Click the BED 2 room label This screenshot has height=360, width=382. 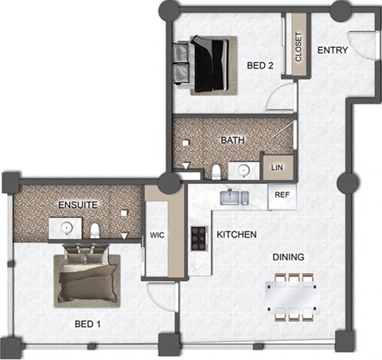click(260, 66)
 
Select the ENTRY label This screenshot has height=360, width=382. click(333, 50)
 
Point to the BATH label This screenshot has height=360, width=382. click(232, 140)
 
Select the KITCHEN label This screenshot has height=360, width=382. click(236, 235)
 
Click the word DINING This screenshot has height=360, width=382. click(289, 256)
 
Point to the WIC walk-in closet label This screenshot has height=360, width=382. click(157, 236)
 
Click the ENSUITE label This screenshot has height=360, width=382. click(78, 205)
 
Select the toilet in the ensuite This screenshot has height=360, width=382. click(95, 229)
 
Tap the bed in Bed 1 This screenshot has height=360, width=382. click(85, 277)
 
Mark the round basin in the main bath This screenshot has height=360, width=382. click(244, 169)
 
